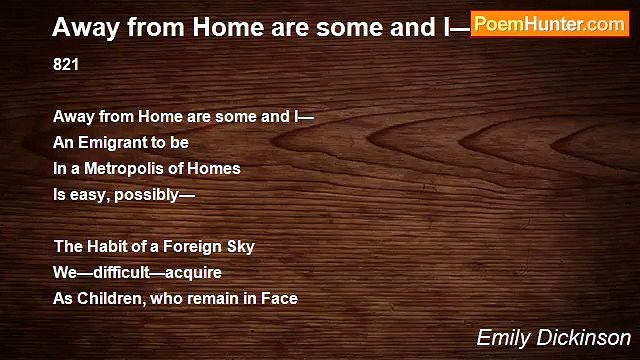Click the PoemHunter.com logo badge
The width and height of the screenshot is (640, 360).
[549, 24]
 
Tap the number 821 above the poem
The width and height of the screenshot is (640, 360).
[66, 64]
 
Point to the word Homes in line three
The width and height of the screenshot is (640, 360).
[218, 168]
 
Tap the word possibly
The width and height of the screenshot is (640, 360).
[146, 194]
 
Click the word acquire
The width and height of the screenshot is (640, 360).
[193, 272]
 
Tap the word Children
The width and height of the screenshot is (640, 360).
[108, 298]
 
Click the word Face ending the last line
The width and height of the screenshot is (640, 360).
[280, 298]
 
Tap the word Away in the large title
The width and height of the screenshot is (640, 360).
[82, 25]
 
